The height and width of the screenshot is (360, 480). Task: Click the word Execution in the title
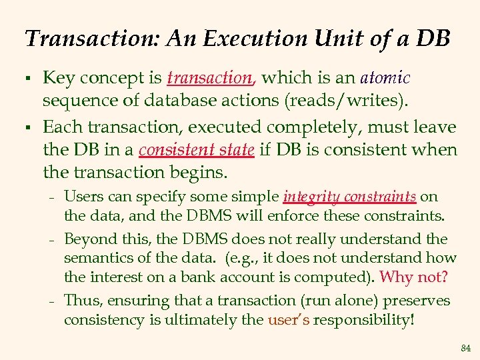[238, 38]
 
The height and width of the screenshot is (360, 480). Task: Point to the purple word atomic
[385, 78]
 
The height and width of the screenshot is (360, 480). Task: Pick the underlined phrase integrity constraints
[350, 197]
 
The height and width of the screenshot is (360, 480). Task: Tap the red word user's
[288, 319]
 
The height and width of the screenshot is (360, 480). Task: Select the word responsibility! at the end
[363, 319]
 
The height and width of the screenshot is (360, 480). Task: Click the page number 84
[465, 348]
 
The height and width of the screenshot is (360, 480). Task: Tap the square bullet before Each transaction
[29, 127]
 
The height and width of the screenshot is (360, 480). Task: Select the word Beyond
[87, 238]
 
